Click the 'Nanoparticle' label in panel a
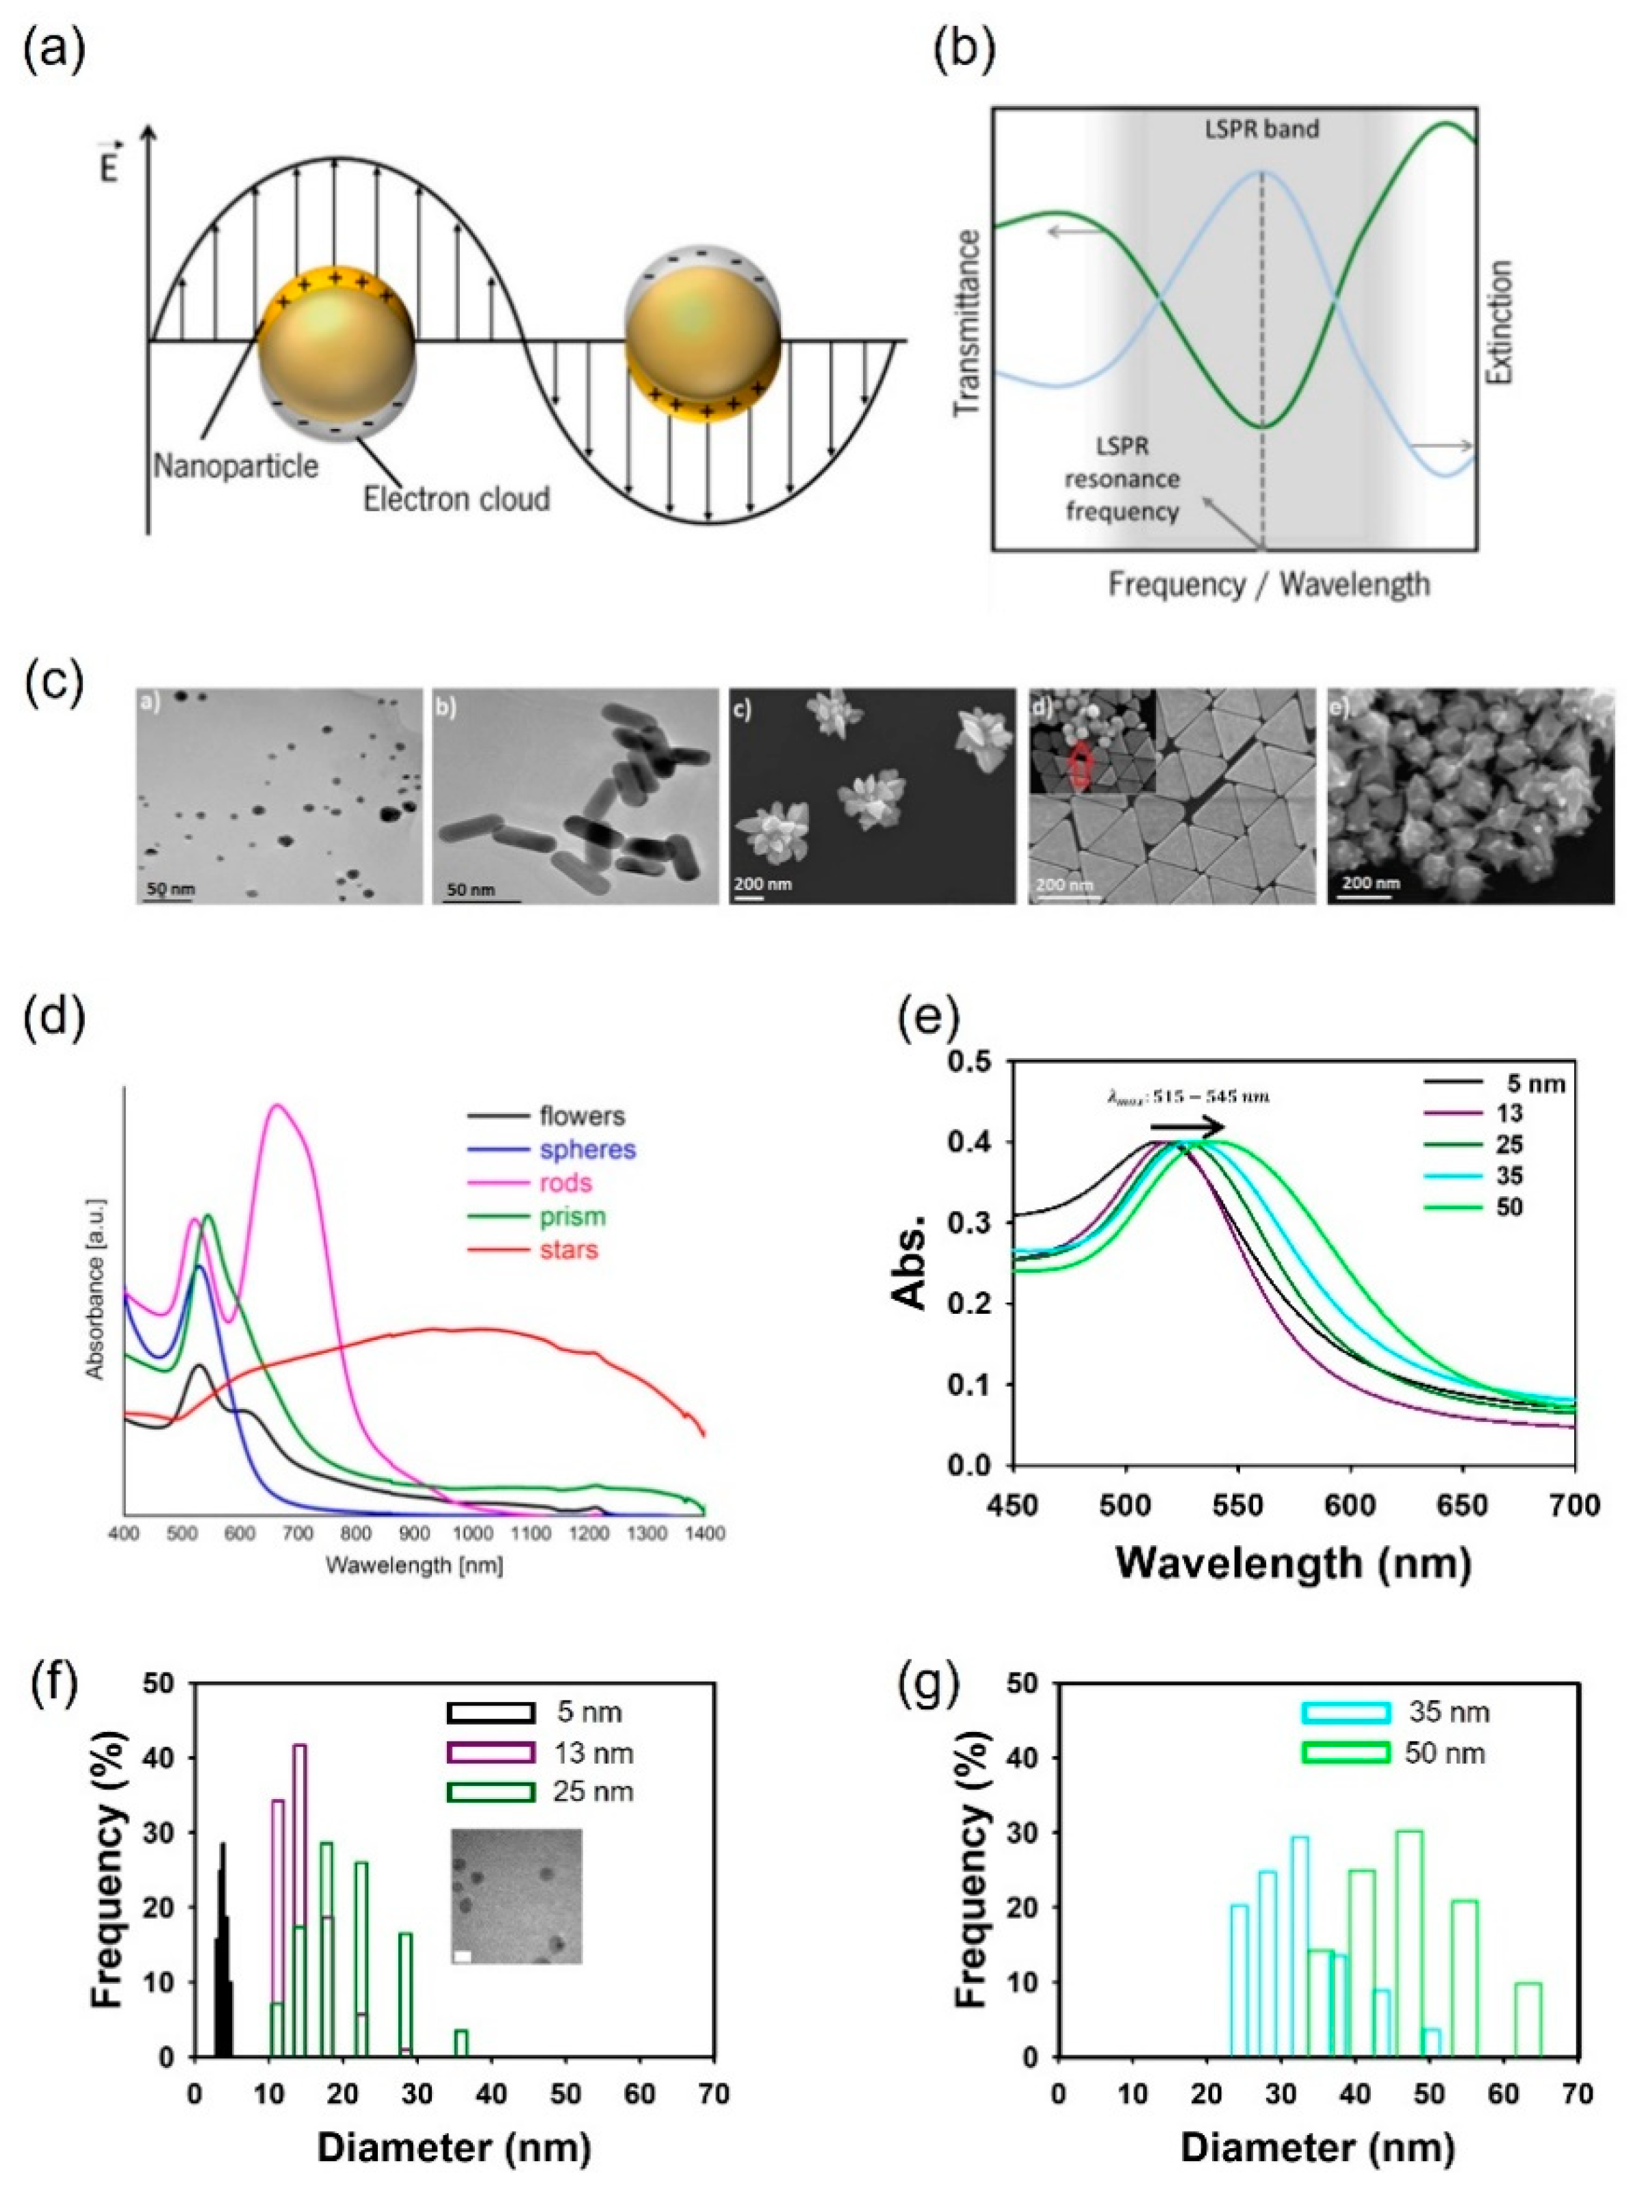(x=235, y=465)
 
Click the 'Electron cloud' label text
(x=456, y=499)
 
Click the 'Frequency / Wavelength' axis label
(x=1268, y=585)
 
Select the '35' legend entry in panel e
(x=1509, y=1176)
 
